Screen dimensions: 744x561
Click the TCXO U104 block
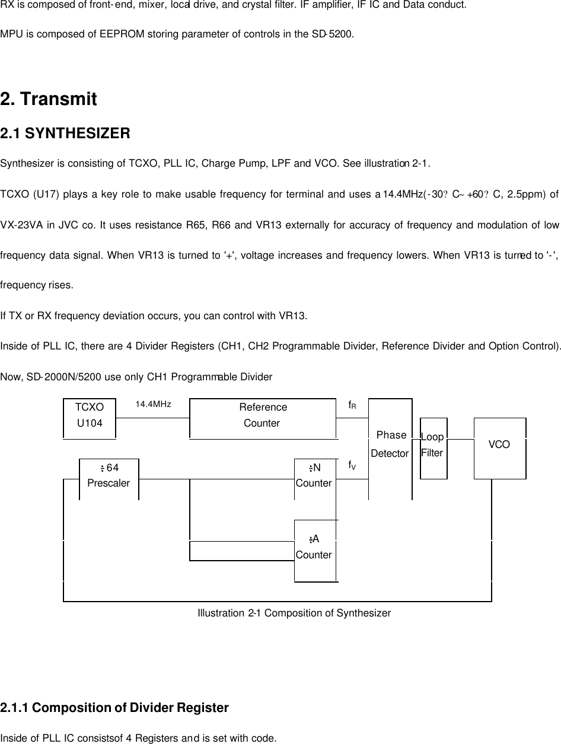click(90, 415)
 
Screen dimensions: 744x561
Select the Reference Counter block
click(263, 415)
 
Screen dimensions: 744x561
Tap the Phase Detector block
click(390, 445)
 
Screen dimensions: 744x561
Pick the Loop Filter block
click(433, 445)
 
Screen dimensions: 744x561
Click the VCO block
click(499, 445)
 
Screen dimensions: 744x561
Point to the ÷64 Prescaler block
click(109, 475)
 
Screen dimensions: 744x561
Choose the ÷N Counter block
click(314, 475)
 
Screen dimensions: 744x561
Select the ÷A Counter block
click(314, 547)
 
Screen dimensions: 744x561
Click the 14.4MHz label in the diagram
click(154, 405)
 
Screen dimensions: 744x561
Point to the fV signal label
click(352, 465)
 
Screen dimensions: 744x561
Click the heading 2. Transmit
click(49, 99)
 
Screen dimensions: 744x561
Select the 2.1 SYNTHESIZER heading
click(65, 134)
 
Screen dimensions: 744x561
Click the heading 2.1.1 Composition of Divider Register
click(114, 708)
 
